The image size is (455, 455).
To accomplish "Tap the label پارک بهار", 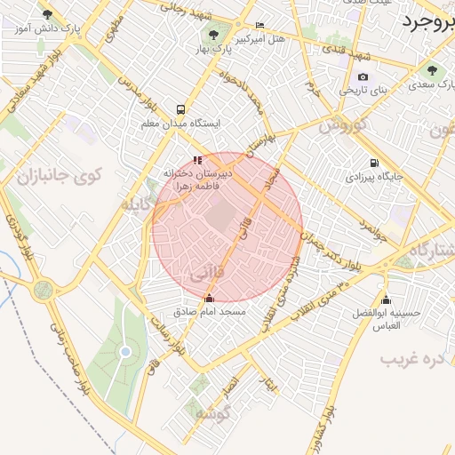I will coord(212,44).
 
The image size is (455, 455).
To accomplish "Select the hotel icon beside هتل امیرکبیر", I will coord(259,26).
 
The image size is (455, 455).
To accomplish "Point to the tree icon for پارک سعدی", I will coord(432,71).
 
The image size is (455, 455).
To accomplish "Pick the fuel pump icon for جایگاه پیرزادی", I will coord(373,163).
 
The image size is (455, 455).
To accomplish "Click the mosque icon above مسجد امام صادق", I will coord(210,299).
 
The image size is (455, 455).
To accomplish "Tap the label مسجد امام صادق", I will coord(210,313).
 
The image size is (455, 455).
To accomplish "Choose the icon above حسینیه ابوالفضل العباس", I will coord(385,299).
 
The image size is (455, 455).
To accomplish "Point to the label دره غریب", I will coord(411,359).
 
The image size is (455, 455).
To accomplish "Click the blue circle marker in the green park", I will coord(125,352).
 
